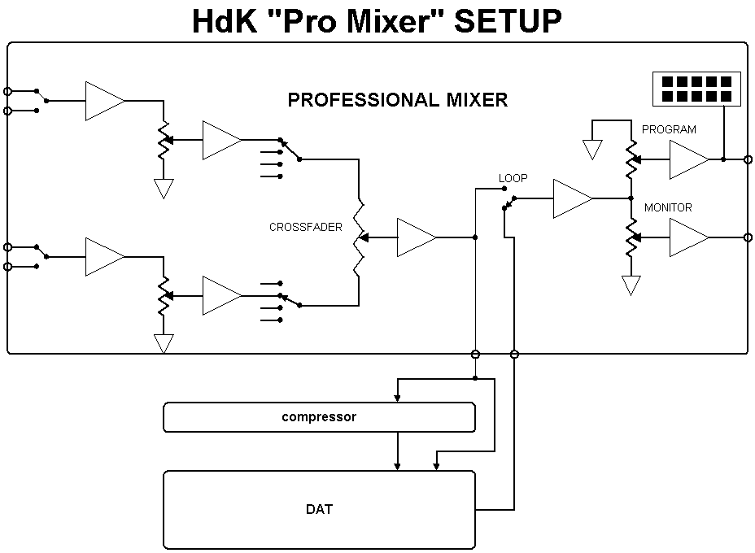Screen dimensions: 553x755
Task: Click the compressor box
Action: [x=319, y=417]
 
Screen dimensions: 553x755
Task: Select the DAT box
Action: [x=319, y=510]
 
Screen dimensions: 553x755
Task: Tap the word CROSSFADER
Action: [x=306, y=228]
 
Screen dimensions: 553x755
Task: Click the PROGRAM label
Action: [x=669, y=129]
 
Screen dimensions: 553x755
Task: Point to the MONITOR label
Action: [x=668, y=208]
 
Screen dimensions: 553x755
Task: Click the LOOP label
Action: [x=513, y=177]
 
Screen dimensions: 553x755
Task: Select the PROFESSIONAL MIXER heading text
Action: [x=398, y=100]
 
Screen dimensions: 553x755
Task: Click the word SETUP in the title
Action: [x=508, y=22]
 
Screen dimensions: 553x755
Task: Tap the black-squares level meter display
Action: [x=696, y=89]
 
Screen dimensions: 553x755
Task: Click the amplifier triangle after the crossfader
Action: [x=414, y=237]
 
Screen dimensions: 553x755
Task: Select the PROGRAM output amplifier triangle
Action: [x=687, y=159]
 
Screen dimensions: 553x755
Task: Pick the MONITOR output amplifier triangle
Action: [x=687, y=237]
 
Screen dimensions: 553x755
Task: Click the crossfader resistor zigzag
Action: [x=358, y=237]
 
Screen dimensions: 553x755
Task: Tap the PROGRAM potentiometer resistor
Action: [x=631, y=159]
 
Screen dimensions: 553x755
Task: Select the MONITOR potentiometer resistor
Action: [x=631, y=237]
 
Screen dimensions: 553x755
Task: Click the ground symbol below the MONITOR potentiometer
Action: [x=631, y=285]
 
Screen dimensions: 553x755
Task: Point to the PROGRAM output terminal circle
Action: [x=748, y=159]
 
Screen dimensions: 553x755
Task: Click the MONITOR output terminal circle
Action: [x=748, y=237]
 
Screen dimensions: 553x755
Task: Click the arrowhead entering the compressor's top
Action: [x=397, y=398]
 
